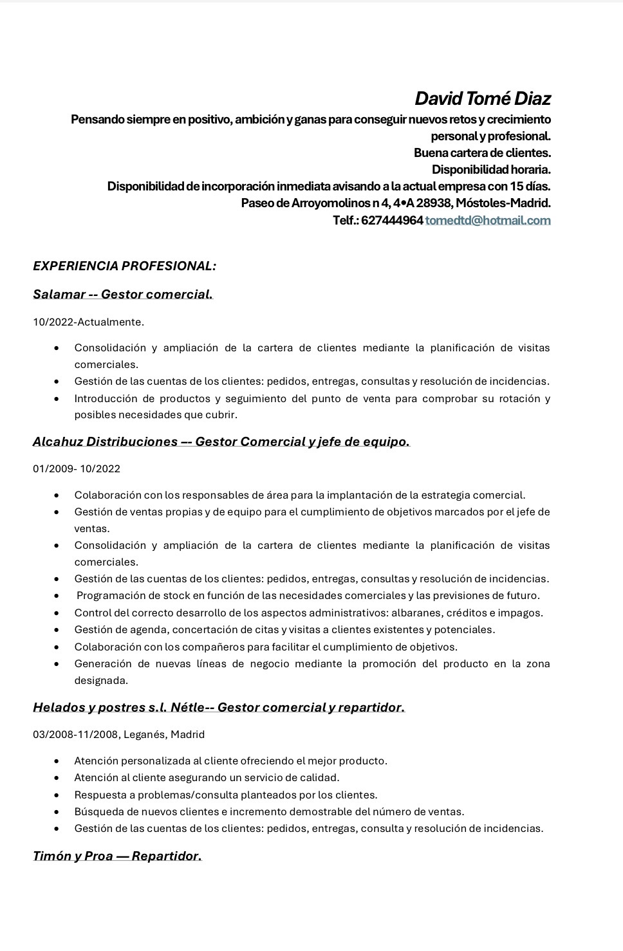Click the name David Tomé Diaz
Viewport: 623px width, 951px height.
[482, 98]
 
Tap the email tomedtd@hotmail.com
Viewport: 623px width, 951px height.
[488, 220]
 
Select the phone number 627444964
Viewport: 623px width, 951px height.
[392, 220]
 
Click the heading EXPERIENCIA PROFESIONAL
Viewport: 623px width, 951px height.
[124, 266]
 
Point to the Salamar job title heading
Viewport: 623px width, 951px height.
[122, 294]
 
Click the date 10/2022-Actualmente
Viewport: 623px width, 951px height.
[88, 322]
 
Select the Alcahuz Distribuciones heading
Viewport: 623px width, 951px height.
[221, 441]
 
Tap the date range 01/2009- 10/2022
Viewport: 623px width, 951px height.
[76, 468]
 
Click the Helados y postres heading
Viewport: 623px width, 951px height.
[219, 707]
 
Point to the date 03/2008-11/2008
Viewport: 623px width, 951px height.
[75, 734]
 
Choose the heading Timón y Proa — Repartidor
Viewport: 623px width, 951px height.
[117, 856]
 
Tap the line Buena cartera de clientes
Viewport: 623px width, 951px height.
[482, 153]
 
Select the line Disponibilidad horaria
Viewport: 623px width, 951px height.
[491, 170]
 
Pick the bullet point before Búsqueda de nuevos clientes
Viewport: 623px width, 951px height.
[58, 812]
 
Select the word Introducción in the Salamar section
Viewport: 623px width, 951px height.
[107, 398]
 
